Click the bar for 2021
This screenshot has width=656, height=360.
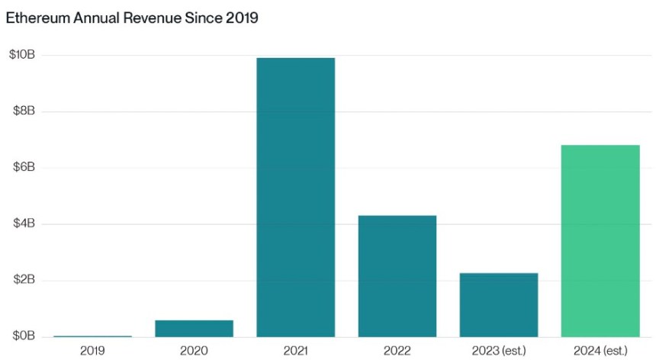click(295, 197)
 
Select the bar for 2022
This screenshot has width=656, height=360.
click(397, 276)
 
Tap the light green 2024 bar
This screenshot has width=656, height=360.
click(600, 240)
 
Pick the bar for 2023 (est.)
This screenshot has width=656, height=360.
click(498, 304)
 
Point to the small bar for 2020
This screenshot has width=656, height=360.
click(194, 328)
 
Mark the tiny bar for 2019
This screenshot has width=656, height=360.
click(92, 336)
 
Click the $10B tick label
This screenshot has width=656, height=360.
click(21, 55)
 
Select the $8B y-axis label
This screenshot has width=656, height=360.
click(23, 111)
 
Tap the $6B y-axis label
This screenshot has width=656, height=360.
click(23, 168)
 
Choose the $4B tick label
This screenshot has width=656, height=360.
click(23, 224)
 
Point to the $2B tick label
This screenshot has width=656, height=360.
click(23, 280)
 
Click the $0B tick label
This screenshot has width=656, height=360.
click(23, 336)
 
